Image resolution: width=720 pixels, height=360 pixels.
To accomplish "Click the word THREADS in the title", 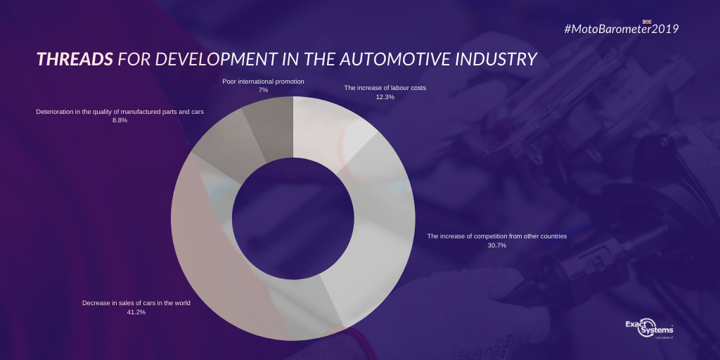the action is pos(75,59).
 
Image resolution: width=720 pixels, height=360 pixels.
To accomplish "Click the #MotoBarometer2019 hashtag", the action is pos(622,29).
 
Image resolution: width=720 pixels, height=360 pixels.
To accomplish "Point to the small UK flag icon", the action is pos(647,22).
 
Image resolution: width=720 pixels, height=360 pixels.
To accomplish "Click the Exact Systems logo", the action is pos(649,328).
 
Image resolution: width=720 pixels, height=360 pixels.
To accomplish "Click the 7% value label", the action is pos(263,90).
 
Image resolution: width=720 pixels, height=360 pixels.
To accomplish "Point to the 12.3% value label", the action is pos(385,96).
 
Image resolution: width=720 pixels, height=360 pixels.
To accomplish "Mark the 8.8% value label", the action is pos(120,120).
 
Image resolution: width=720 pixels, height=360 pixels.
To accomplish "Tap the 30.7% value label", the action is pos(497,245).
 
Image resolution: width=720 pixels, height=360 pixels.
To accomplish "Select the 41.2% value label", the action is pos(136,312).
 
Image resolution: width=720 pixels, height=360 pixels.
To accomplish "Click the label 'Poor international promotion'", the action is pos(263,82).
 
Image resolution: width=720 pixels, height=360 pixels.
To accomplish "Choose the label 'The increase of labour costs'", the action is pos(385,88).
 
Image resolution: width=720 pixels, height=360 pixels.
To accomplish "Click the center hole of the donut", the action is pos(293,218).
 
